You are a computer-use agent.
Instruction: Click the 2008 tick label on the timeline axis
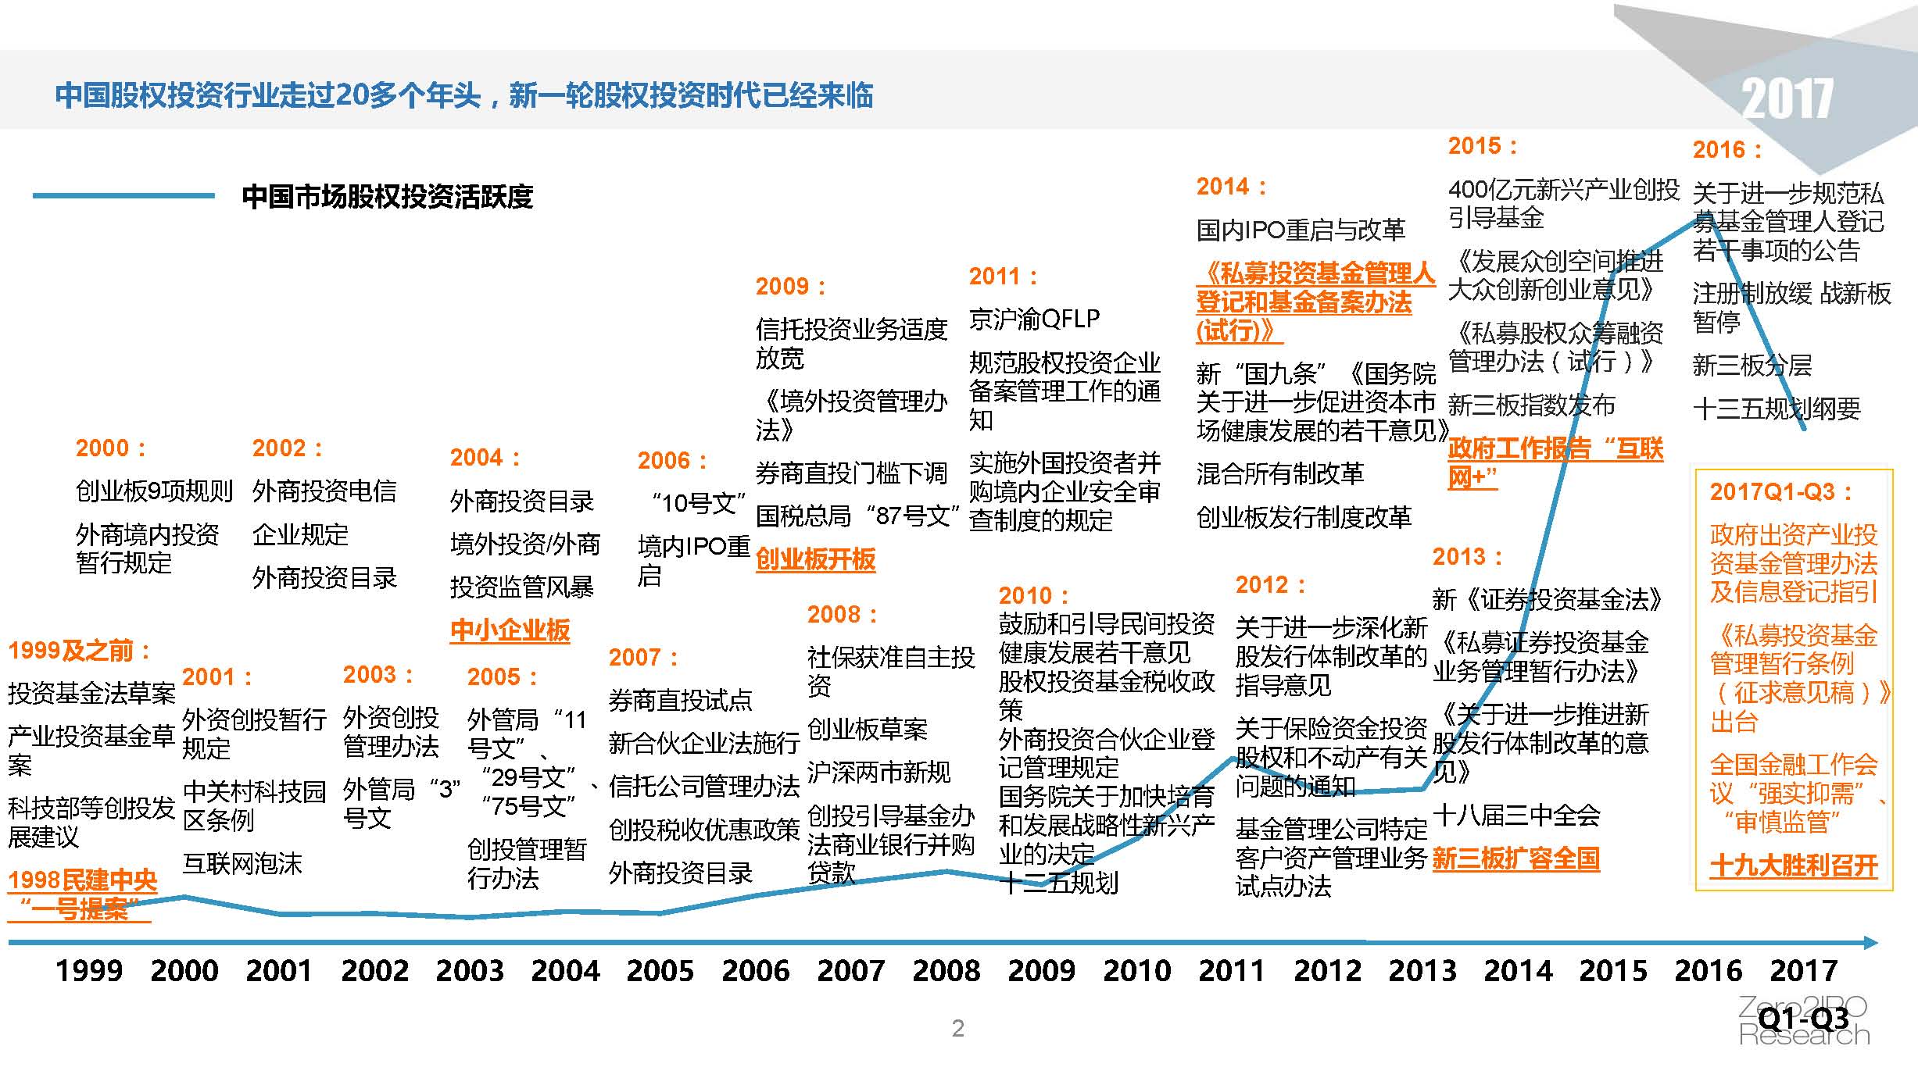(x=946, y=971)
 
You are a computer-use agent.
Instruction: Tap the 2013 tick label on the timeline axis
(x=1422, y=971)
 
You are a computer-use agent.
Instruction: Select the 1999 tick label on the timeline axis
(x=89, y=971)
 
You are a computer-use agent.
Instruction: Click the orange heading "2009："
(x=790, y=287)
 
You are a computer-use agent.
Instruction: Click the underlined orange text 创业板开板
(x=815, y=559)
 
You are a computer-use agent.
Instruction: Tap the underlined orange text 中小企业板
(x=510, y=630)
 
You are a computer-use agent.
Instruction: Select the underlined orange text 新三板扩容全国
(x=1515, y=859)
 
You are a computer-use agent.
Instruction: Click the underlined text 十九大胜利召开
(x=1794, y=866)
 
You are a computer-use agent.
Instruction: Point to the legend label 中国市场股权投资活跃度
(x=388, y=196)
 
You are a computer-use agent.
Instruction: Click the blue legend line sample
(x=123, y=195)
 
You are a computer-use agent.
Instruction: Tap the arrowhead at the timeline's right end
(x=1870, y=943)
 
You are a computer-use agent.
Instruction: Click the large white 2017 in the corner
(x=1787, y=99)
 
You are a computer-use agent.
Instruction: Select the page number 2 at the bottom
(x=958, y=1028)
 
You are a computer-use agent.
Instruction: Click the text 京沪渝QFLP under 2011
(x=1034, y=319)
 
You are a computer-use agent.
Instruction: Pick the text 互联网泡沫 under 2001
(x=242, y=864)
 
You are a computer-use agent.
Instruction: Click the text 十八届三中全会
(x=1516, y=816)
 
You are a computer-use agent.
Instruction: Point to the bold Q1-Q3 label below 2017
(x=1803, y=1019)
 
